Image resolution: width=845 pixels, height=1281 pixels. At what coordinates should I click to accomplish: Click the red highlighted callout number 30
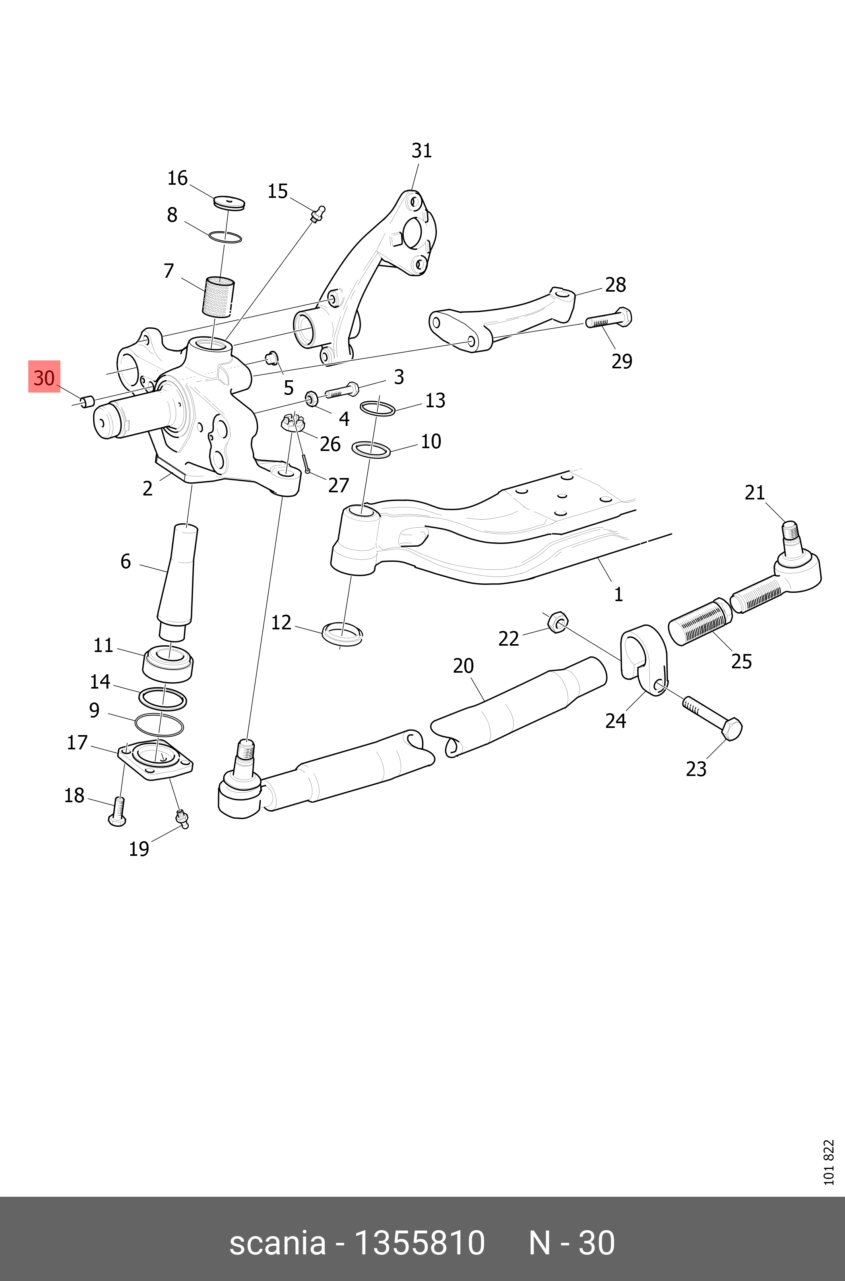(x=44, y=377)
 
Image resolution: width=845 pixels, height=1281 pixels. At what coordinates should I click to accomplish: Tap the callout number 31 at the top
(x=421, y=151)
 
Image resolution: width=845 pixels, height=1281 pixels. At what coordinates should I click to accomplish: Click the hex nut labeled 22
(x=557, y=623)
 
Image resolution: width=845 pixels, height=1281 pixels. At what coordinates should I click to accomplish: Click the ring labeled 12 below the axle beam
(x=342, y=633)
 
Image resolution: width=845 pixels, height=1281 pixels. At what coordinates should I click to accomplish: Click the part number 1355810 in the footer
(x=420, y=1244)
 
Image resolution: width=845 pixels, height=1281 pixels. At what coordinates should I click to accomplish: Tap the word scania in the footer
(x=277, y=1244)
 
